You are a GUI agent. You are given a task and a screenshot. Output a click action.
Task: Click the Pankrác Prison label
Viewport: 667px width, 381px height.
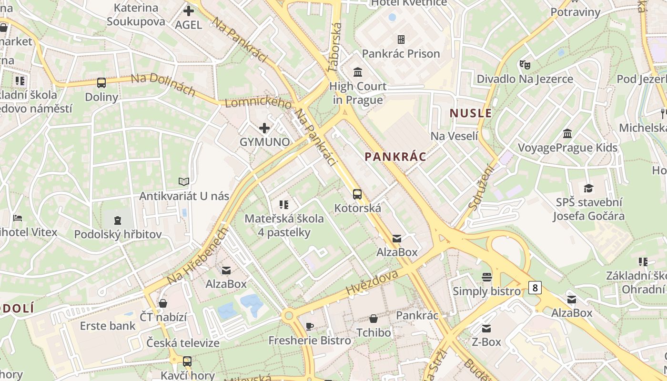pos(401,53)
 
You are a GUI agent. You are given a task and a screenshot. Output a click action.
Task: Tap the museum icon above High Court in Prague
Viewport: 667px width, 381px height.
pos(357,72)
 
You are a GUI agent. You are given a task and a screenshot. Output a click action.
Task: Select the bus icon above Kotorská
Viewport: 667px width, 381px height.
pos(357,194)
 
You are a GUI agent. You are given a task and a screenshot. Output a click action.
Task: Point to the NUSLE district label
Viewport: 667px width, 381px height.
pos(471,113)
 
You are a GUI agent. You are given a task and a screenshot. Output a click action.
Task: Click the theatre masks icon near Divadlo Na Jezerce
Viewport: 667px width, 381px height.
pos(525,64)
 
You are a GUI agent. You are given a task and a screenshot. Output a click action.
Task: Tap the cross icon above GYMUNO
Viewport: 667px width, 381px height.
pos(264,128)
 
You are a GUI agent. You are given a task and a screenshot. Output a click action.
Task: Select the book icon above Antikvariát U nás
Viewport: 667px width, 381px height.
pos(184,181)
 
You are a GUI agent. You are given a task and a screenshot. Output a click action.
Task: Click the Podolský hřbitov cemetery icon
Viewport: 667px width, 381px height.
pos(117,220)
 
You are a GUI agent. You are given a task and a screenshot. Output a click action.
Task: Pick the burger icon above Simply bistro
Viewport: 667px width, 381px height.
pos(486,277)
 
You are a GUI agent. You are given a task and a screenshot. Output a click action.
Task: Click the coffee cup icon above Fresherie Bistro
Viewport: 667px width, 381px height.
pos(310,326)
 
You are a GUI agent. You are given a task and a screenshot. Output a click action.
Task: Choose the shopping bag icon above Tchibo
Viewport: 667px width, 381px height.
pos(374,318)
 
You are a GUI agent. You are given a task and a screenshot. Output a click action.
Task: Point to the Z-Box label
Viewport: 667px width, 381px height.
pos(486,342)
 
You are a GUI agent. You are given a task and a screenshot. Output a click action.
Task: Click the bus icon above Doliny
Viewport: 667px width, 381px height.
pos(101,83)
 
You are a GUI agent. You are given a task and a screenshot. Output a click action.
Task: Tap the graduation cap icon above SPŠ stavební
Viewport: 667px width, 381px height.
pos(588,188)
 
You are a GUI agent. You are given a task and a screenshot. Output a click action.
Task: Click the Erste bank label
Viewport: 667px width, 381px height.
pos(108,326)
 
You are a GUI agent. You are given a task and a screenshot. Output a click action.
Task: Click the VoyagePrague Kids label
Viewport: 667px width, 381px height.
pos(567,147)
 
